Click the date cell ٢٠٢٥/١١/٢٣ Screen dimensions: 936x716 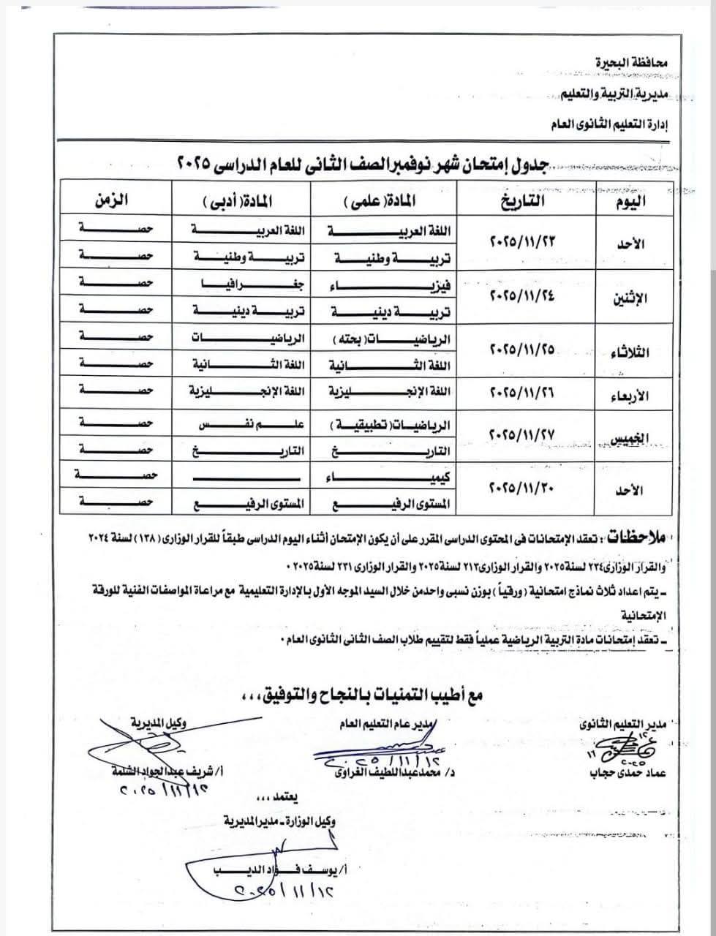click(522, 241)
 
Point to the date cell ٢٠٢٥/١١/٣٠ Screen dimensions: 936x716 click(522, 486)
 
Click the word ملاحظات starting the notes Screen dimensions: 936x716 click(632, 537)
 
